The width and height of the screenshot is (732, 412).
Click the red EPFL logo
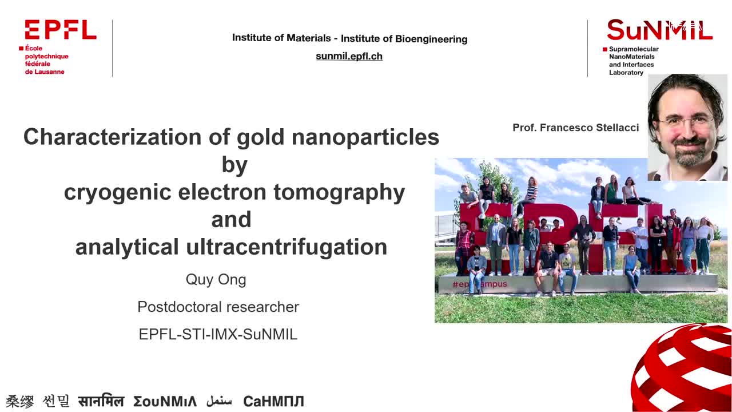(x=61, y=29)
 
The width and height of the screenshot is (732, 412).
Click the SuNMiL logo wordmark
(x=659, y=30)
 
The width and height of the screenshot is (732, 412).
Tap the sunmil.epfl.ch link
(x=349, y=56)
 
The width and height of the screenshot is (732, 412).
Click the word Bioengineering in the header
(x=431, y=39)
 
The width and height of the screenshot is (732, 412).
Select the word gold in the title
(x=260, y=137)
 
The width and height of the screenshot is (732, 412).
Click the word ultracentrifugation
(x=287, y=247)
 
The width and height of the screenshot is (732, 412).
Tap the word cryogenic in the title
(x=117, y=193)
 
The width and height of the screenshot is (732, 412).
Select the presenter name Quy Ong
(x=216, y=280)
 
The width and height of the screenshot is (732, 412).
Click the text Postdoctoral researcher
(x=218, y=307)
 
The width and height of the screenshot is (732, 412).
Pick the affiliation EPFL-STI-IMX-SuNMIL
(x=218, y=334)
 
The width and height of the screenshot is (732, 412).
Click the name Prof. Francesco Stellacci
(x=575, y=128)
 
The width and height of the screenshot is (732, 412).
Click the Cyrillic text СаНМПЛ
(x=273, y=401)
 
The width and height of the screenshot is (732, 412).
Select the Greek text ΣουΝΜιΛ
(x=165, y=401)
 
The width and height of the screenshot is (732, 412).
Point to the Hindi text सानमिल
(x=101, y=401)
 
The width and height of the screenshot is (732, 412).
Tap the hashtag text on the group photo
(x=479, y=284)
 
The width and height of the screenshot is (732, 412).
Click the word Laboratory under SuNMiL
(x=626, y=73)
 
